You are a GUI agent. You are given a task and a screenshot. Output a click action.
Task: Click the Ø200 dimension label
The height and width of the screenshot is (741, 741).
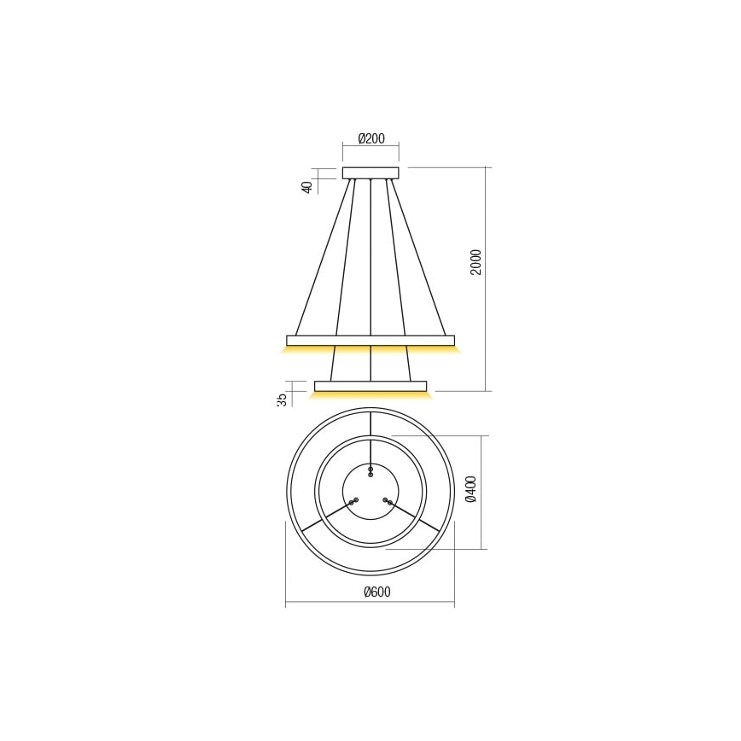tap(370, 138)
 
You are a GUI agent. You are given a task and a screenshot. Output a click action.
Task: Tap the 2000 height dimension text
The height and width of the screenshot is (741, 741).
tap(476, 262)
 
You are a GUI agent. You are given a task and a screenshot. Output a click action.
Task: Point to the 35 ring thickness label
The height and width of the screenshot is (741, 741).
tap(281, 400)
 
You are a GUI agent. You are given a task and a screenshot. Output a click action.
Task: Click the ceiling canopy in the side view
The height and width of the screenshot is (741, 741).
tap(370, 172)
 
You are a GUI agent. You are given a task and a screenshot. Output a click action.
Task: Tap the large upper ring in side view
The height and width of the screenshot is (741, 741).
tap(370, 340)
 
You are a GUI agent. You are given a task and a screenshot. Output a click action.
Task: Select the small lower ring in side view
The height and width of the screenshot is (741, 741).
tap(370, 386)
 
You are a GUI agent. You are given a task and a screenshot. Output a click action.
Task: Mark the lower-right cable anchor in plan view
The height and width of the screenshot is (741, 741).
tap(388, 501)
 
